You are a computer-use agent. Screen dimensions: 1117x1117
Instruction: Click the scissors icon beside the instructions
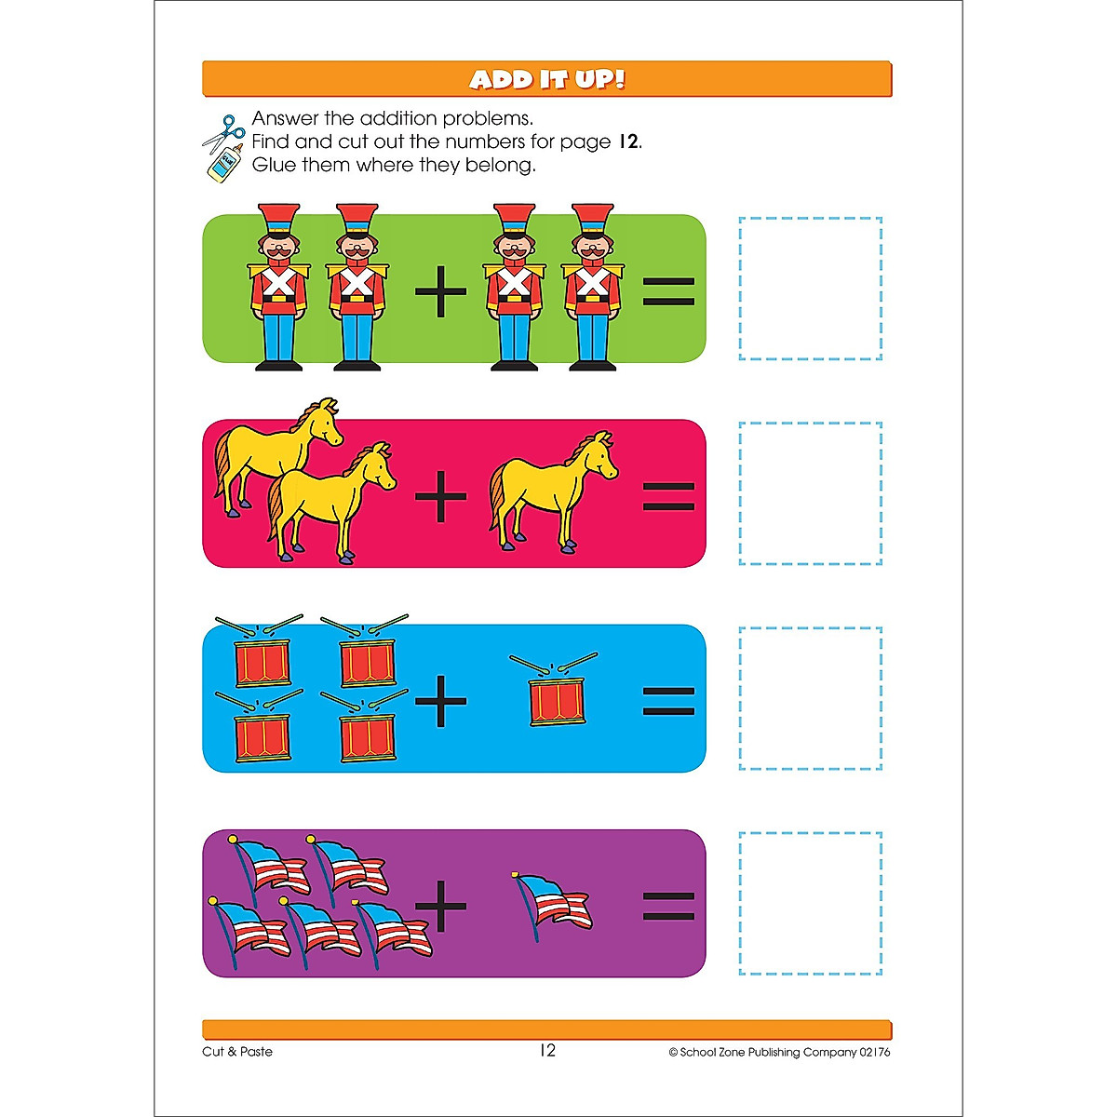pos(223,133)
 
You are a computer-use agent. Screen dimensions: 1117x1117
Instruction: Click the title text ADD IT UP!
pos(546,79)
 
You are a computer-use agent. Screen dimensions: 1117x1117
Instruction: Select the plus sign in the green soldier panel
pos(440,292)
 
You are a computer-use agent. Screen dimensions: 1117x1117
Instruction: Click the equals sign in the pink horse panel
pos(668,496)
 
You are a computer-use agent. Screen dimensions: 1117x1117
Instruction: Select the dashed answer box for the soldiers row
pos(810,289)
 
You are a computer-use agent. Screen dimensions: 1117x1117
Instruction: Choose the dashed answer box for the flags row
pos(810,903)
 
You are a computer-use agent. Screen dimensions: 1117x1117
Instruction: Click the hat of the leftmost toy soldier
pos(278,220)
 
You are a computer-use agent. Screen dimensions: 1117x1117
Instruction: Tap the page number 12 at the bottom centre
pos(547,1050)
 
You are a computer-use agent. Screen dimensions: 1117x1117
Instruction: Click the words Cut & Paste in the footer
pos(237,1052)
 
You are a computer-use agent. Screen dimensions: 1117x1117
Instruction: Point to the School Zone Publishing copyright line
pos(779,1052)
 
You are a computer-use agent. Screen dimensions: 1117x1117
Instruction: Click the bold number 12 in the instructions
pos(628,141)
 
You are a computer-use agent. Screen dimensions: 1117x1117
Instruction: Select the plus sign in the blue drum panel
pos(440,700)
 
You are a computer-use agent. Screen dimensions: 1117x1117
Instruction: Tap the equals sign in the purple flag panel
pos(668,906)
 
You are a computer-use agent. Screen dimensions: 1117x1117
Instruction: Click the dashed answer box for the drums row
pos(810,698)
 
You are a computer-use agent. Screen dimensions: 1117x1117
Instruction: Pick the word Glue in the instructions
pos(274,166)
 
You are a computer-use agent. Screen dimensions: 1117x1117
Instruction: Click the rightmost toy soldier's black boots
pos(592,365)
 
